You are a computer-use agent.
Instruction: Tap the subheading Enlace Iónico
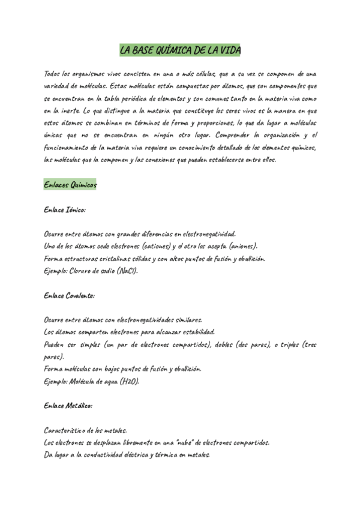point(65,210)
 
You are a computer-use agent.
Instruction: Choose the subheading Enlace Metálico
point(68,406)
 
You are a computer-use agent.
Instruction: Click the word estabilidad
point(197,332)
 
